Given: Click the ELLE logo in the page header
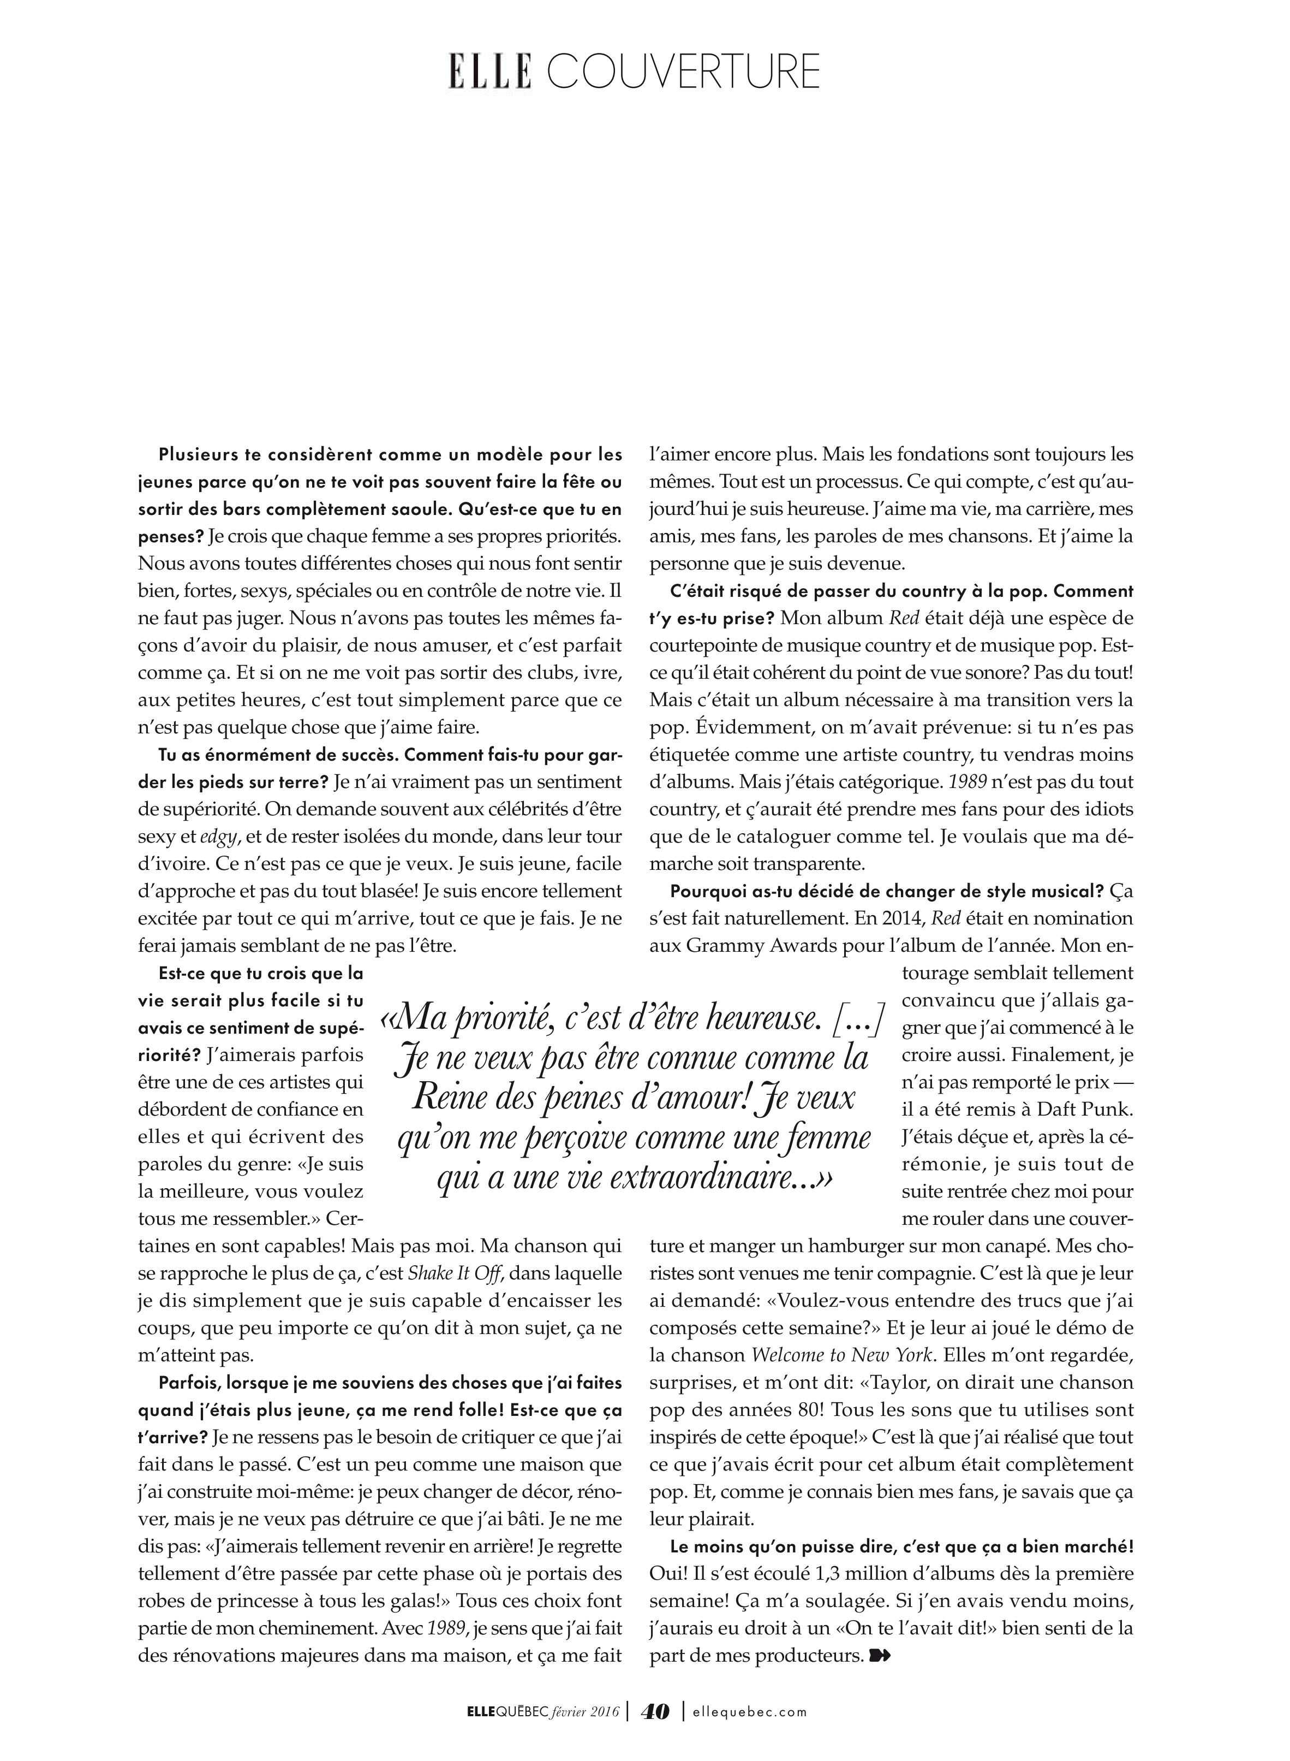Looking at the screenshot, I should [x=489, y=71].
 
